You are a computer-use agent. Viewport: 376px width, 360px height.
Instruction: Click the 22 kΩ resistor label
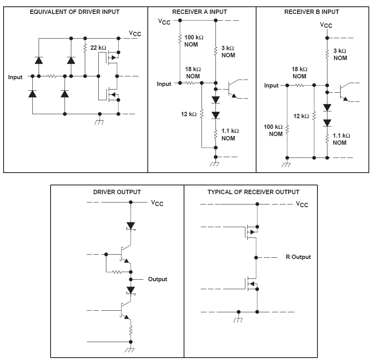98,48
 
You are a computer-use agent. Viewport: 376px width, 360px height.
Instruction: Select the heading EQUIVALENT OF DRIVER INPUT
74,12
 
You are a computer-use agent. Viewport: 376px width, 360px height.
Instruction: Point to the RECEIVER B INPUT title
311,12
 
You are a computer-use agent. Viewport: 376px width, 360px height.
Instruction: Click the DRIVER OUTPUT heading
117,192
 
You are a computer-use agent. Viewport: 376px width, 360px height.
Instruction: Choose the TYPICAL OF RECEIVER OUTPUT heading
253,192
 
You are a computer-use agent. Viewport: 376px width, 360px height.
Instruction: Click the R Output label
298,257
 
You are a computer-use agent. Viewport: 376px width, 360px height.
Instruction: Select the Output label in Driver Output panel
157,279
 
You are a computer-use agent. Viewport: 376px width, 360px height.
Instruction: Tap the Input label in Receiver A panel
164,84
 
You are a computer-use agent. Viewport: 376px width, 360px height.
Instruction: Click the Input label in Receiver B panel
271,86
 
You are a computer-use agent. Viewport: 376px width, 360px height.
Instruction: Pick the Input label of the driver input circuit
16,77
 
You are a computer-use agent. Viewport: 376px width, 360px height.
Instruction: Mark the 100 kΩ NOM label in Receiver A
194,41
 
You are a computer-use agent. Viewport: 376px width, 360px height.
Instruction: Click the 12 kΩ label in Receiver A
189,114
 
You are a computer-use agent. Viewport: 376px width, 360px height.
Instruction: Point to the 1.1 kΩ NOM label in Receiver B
341,139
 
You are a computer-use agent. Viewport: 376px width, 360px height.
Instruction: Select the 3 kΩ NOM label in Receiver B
340,54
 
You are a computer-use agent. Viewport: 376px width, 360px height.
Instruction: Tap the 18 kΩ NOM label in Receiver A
193,72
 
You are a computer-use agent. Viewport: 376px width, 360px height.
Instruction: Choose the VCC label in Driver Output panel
157,203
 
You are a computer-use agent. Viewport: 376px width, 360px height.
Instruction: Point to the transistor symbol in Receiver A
232,90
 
